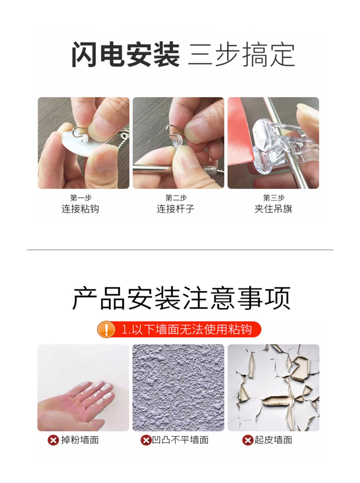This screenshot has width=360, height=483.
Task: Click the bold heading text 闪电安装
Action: [x=125, y=55]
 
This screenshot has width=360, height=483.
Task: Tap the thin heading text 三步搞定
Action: [x=242, y=55]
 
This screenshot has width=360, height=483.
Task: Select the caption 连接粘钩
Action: [x=80, y=209]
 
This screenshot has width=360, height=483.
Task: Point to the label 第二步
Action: [x=176, y=197]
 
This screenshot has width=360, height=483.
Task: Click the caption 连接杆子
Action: [x=176, y=209]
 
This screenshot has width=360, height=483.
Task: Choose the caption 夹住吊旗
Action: [x=273, y=209]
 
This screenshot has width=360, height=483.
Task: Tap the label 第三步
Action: [x=274, y=197]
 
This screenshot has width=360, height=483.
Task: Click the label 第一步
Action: [x=81, y=197]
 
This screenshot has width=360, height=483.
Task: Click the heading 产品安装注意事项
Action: [x=181, y=298]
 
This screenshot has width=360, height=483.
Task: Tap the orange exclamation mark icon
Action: [x=106, y=329]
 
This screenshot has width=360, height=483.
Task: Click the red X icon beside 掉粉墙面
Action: [x=53, y=440]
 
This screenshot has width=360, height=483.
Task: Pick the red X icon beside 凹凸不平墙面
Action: [x=146, y=440]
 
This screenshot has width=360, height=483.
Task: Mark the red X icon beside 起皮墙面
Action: [x=248, y=440]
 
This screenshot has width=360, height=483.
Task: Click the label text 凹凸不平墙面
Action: [x=180, y=440]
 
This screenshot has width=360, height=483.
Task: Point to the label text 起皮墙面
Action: [x=273, y=440]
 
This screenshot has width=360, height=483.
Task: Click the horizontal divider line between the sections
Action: [x=180, y=250]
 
